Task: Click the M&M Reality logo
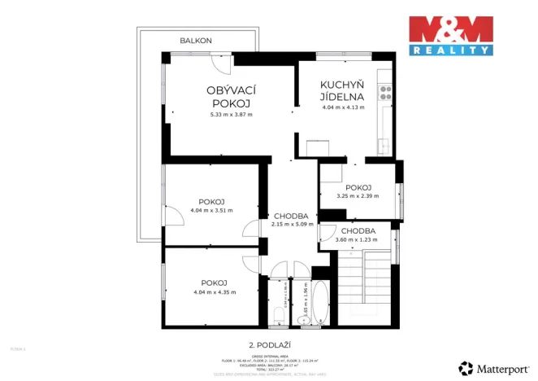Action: click(x=450, y=35)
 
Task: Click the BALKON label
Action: click(x=196, y=40)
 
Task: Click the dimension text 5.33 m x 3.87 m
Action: click(x=231, y=115)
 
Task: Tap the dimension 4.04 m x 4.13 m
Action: click(x=343, y=107)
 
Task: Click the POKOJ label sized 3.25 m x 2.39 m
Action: click(x=358, y=186)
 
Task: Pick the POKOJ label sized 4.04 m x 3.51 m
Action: click(x=211, y=201)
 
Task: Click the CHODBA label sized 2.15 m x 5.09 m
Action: click(x=290, y=215)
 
